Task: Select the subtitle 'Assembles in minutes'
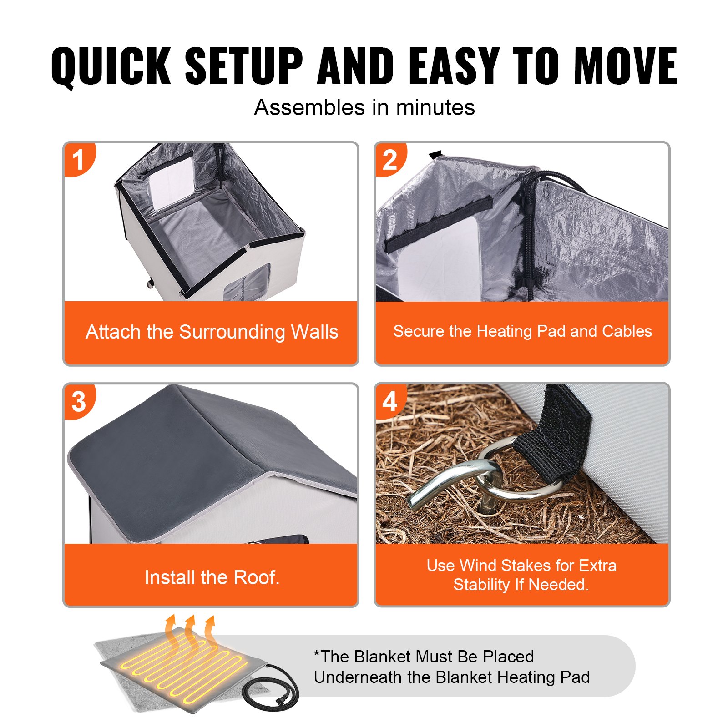364,108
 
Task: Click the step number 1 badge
79,160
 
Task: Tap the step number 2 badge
390,160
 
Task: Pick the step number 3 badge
79,401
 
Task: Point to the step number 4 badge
390,401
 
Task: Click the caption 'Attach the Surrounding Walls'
212,332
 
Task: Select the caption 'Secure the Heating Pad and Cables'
522,331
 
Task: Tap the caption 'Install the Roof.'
212,577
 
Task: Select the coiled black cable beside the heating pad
273,692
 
